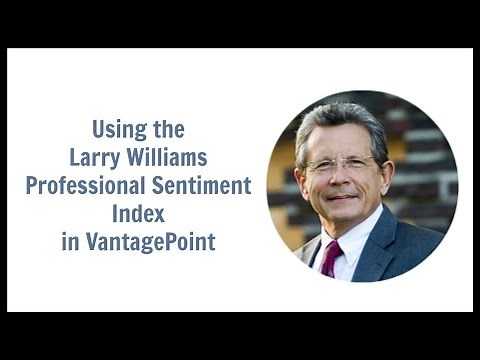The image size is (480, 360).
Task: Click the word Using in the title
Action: pos(117,129)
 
